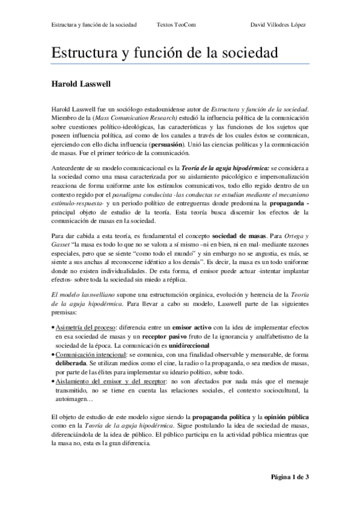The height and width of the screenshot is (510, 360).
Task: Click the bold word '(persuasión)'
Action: pyautogui.click(x=182, y=146)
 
